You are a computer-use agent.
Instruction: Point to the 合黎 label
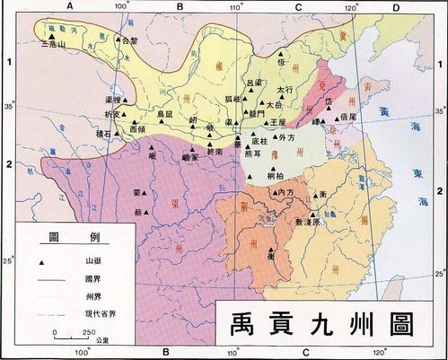point(128,41)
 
